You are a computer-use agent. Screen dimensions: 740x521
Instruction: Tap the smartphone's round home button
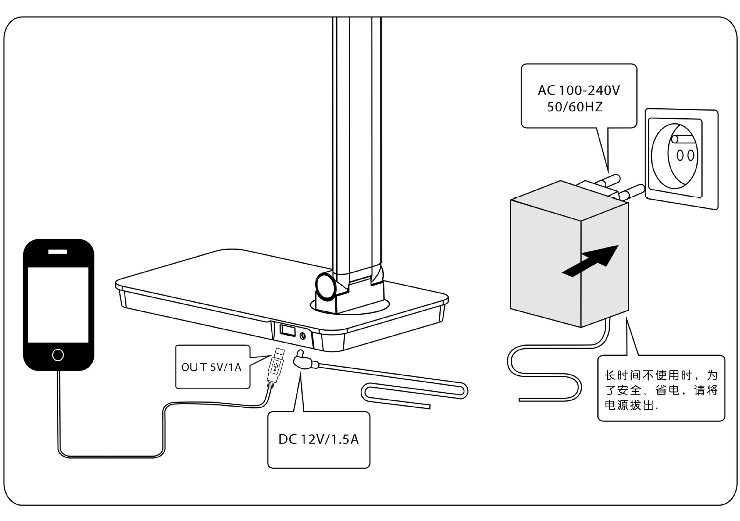tap(58, 355)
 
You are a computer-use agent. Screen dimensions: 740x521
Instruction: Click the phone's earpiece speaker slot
tap(57, 252)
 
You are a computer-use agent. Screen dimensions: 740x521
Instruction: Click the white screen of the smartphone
tap(58, 304)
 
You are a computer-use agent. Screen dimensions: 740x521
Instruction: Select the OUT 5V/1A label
tap(211, 367)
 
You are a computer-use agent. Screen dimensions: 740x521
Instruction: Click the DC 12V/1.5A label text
tap(319, 439)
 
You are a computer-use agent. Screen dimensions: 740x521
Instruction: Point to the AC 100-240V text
tap(579, 91)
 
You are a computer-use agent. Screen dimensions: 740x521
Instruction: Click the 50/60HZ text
tap(575, 107)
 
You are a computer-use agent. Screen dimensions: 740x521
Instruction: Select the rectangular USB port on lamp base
tap(288, 331)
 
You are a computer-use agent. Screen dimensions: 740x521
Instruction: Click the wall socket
tap(681, 159)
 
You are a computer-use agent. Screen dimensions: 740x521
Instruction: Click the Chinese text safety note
tap(661, 390)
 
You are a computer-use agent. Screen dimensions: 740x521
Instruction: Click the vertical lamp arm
tap(357, 146)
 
